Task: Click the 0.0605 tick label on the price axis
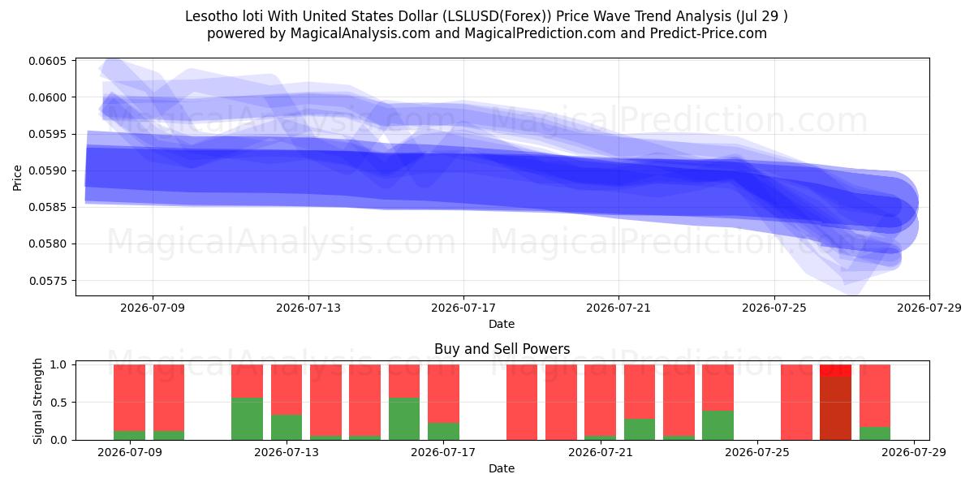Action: (48, 61)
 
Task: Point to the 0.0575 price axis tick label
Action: (48, 281)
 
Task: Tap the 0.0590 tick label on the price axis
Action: (48, 171)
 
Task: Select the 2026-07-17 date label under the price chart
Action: (463, 308)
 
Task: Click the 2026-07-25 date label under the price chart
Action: (774, 308)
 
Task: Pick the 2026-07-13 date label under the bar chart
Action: (286, 452)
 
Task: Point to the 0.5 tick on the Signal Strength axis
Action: (58, 403)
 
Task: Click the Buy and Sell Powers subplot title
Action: (502, 349)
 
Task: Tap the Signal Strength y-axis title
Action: (38, 401)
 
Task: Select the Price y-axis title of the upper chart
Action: (17, 178)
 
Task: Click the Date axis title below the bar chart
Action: (502, 468)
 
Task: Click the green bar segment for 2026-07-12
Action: (247, 419)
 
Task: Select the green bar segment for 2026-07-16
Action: (404, 419)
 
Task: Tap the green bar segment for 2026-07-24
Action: (718, 425)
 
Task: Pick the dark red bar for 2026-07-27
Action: (835, 407)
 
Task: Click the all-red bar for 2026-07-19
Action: (522, 403)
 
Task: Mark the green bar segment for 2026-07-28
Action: (875, 433)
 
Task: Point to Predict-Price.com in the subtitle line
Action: (709, 33)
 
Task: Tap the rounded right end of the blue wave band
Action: (912, 205)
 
